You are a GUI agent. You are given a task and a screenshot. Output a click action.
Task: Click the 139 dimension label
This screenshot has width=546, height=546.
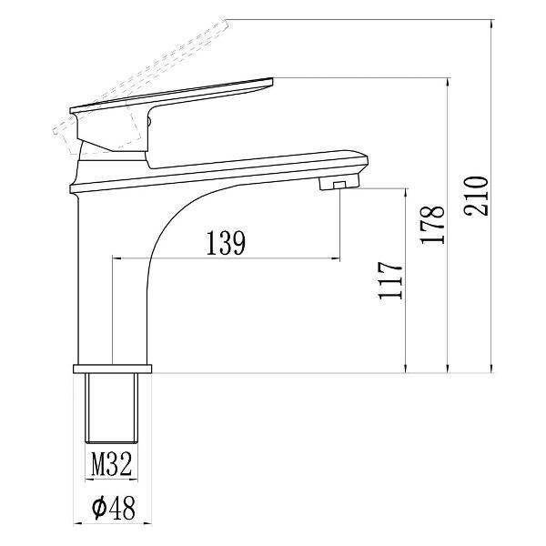coord(226,243)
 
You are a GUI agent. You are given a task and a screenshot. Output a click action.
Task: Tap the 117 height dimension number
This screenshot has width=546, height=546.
coord(390,280)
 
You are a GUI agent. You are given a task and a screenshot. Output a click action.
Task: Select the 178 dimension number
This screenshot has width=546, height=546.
coord(432,225)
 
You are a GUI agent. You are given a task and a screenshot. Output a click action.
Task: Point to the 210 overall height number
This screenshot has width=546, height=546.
coord(476,196)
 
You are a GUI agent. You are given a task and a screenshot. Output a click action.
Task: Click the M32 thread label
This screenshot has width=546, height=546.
coord(112,464)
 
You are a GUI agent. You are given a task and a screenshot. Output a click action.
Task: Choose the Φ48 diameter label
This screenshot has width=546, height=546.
coord(114,508)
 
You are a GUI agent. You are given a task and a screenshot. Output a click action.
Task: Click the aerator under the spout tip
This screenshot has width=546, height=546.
coord(339,182)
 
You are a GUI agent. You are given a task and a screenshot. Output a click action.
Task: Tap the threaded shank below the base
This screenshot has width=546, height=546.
coord(112,408)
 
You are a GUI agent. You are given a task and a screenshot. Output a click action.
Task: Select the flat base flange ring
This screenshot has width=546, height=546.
coord(113,369)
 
